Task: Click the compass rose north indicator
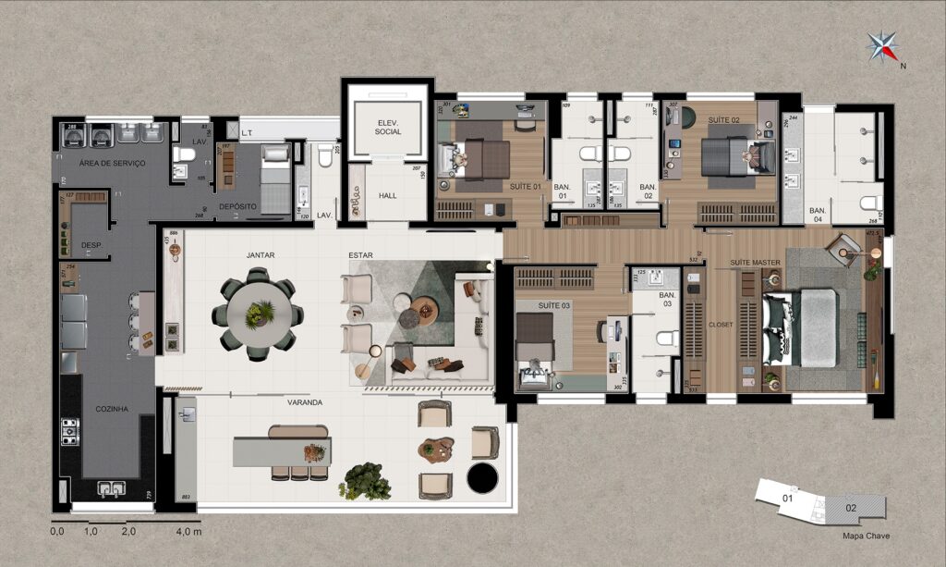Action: [885, 45]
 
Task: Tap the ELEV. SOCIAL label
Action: [387, 128]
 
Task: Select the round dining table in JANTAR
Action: [260, 314]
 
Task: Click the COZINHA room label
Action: [112, 408]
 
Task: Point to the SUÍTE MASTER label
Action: [756, 263]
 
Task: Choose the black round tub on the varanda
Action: [480, 478]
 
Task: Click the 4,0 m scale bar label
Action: [188, 533]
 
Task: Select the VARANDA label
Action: [304, 402]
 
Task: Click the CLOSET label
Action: [721, 325]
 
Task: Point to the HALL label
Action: [387, 196]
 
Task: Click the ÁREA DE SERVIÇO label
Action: [112, 163]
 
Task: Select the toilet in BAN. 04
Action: [870, 203]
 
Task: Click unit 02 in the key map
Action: [851, 508]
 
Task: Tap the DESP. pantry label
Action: [91, 245]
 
